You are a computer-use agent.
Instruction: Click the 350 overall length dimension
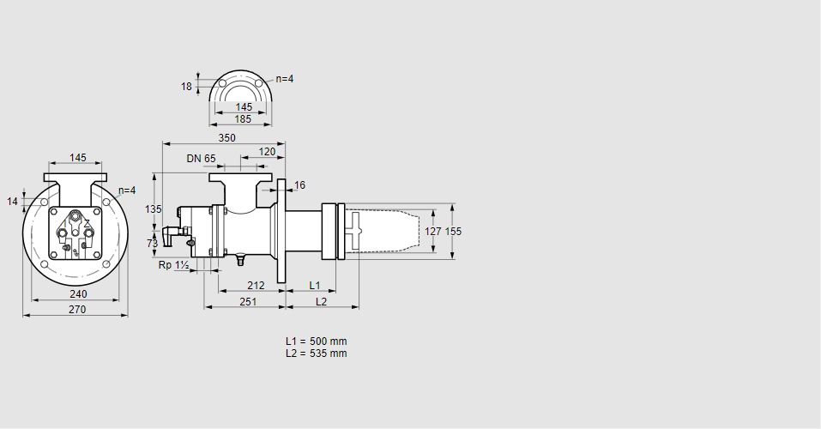point(226,138)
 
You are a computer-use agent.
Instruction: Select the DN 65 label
point(201,158)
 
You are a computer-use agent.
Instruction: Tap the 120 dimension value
point(267,151)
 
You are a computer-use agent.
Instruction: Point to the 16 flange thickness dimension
point(299,185)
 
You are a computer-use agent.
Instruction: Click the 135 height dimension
point(153,209)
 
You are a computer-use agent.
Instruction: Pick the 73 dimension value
point(153,243)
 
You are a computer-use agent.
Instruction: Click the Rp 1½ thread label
point(173,265)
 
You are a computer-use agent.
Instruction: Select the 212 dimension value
point(256,286)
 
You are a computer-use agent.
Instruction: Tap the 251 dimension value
point(248,302)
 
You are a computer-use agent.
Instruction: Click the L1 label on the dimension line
point(314,286)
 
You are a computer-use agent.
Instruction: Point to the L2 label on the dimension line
point(321,302)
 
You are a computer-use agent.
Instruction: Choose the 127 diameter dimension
point(433,231)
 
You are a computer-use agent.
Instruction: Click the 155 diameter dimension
point(454,231)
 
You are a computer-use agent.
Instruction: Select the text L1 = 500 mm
point(317,341)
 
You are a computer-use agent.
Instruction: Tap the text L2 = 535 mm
point(317,353)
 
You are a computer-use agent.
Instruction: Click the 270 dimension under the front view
point(77,310)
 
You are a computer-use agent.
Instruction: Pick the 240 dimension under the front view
point(78,293)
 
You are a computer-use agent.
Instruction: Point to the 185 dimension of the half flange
point(243,119)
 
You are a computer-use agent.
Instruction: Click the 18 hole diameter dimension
point(186,87)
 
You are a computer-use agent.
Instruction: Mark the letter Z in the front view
point(87,223)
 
